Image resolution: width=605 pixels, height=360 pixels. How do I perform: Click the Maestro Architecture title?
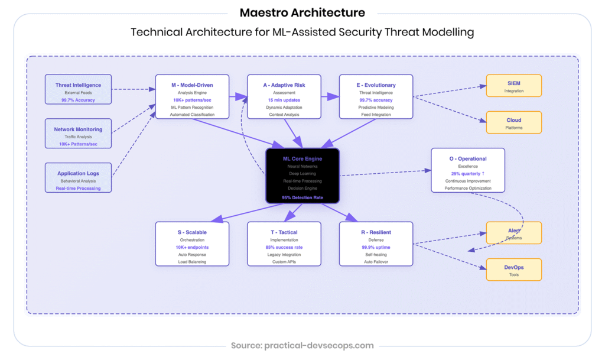[x=302, y=12]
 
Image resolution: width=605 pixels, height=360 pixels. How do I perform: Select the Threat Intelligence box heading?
[x=78, y=85]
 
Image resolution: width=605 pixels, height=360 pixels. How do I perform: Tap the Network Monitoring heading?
[x=78, y=129]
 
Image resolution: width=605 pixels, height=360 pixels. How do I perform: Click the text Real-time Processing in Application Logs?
[x=78, y=189]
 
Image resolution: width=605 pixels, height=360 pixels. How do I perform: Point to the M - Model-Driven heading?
[x=192, y=85]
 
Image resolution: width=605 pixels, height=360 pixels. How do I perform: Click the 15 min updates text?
[x=284, y=100]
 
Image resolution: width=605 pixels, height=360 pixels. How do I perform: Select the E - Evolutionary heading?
[x=376, y=85]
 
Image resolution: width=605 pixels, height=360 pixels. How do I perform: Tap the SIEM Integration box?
[x=513, y=86]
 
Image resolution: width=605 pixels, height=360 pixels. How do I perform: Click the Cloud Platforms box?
[x=513, y=123]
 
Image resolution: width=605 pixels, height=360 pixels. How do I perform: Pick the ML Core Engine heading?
[x=302, y=158]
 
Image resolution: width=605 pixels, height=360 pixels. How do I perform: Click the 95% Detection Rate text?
[x=302, y=197]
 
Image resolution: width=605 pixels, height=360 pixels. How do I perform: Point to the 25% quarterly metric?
[x=467, y=174]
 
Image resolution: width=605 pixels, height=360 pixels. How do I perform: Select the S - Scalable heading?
[x=192, y=232]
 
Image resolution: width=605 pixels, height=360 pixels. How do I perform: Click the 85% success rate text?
[x=284, y=247]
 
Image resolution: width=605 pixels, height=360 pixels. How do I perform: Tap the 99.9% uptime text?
[x=376, y=247]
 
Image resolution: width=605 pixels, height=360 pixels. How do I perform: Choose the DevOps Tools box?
[x=513, y=270]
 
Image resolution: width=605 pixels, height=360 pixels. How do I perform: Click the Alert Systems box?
[x=513, y=233]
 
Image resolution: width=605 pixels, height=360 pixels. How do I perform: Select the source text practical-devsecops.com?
[x=302, y=345]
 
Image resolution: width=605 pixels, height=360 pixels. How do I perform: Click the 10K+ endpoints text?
[x=192, y=247]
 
